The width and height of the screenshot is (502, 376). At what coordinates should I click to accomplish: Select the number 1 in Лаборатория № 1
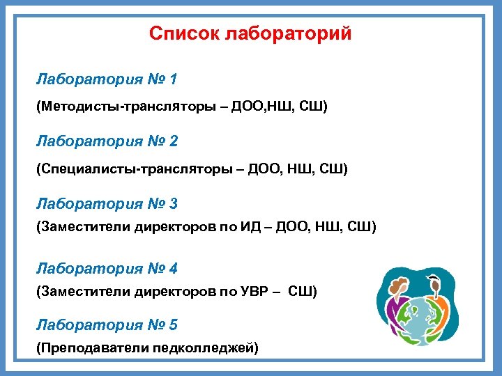click(x=172, y=79)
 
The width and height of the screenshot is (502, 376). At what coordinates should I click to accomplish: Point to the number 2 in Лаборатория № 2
click(x=173, y=141)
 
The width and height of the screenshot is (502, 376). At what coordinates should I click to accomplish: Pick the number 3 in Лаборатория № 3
click(x=173, y=204)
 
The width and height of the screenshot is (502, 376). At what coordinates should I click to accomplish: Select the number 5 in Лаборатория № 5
click(x=173, y=324)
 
